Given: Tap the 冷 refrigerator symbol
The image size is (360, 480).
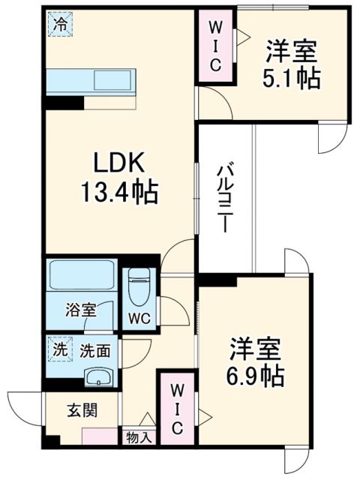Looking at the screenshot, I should [59, 24].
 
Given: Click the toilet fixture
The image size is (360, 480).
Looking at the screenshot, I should [139, 286].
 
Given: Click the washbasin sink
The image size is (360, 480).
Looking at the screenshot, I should [96, 376].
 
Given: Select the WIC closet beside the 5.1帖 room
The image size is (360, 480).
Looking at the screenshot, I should [214, 46].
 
